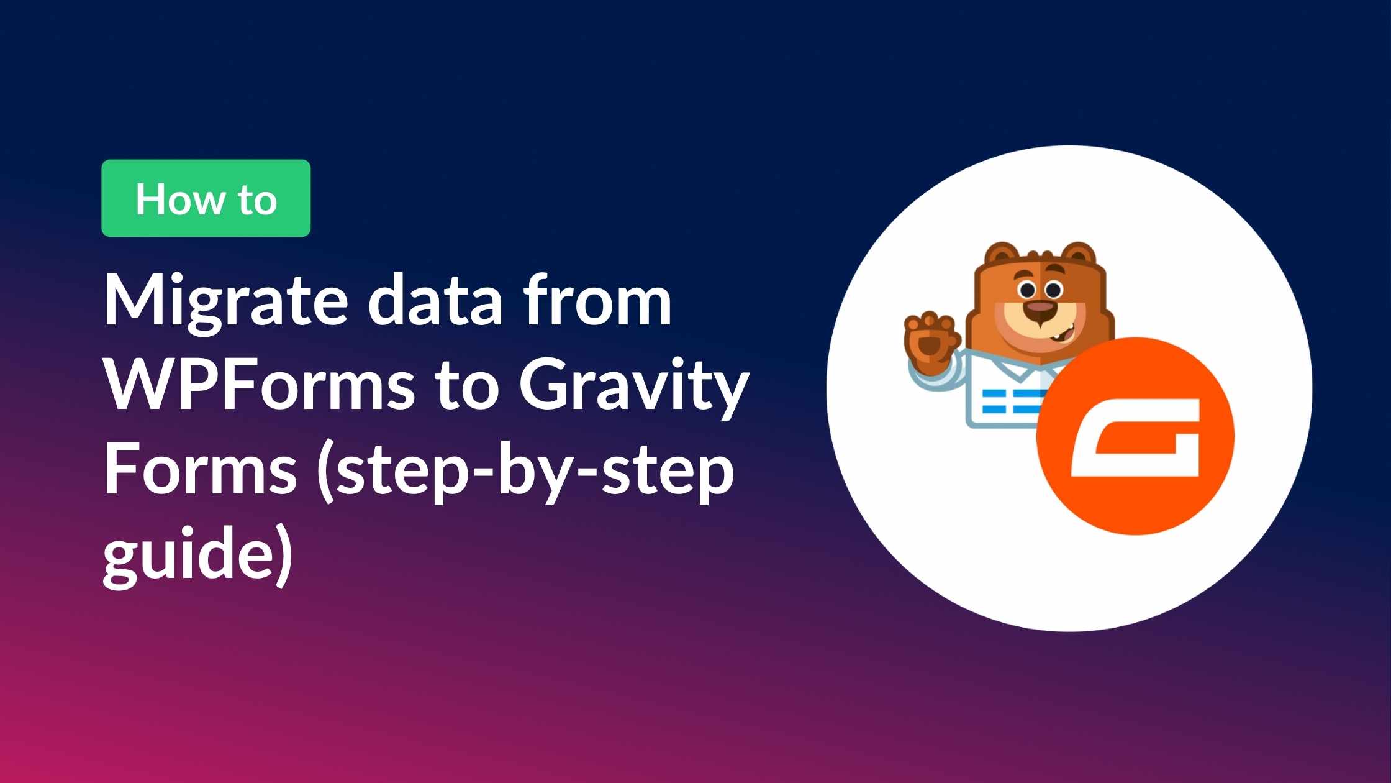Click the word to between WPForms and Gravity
tap(467, 387)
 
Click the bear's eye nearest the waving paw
tap(1026, 290)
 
